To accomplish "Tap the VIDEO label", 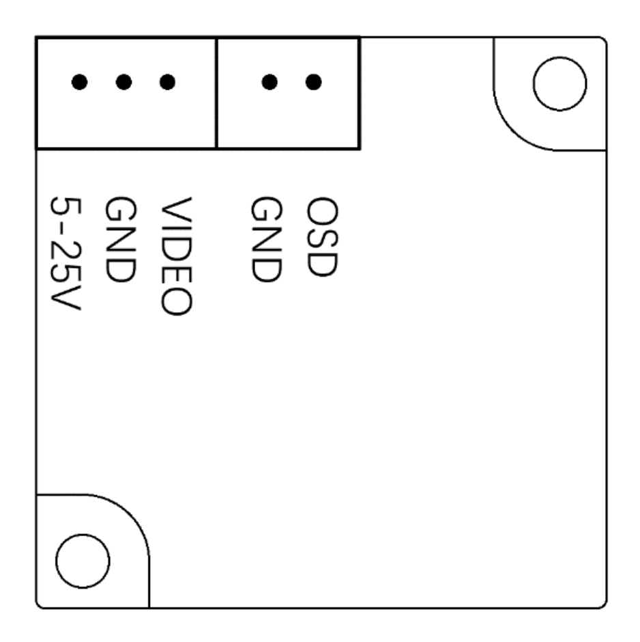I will tap(176, 256).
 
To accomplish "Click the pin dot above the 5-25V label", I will tap(81, 82).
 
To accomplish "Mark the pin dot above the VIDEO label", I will tap(167, 82).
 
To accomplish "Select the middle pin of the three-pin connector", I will tap(123, 82).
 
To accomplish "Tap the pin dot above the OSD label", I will tap(313, 82).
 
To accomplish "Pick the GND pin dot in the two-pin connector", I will tap(270, 82).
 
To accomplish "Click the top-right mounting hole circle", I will tap(559, 83).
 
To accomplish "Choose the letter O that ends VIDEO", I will tap(176, 299).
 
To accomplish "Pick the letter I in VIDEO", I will tap(176, 226).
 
